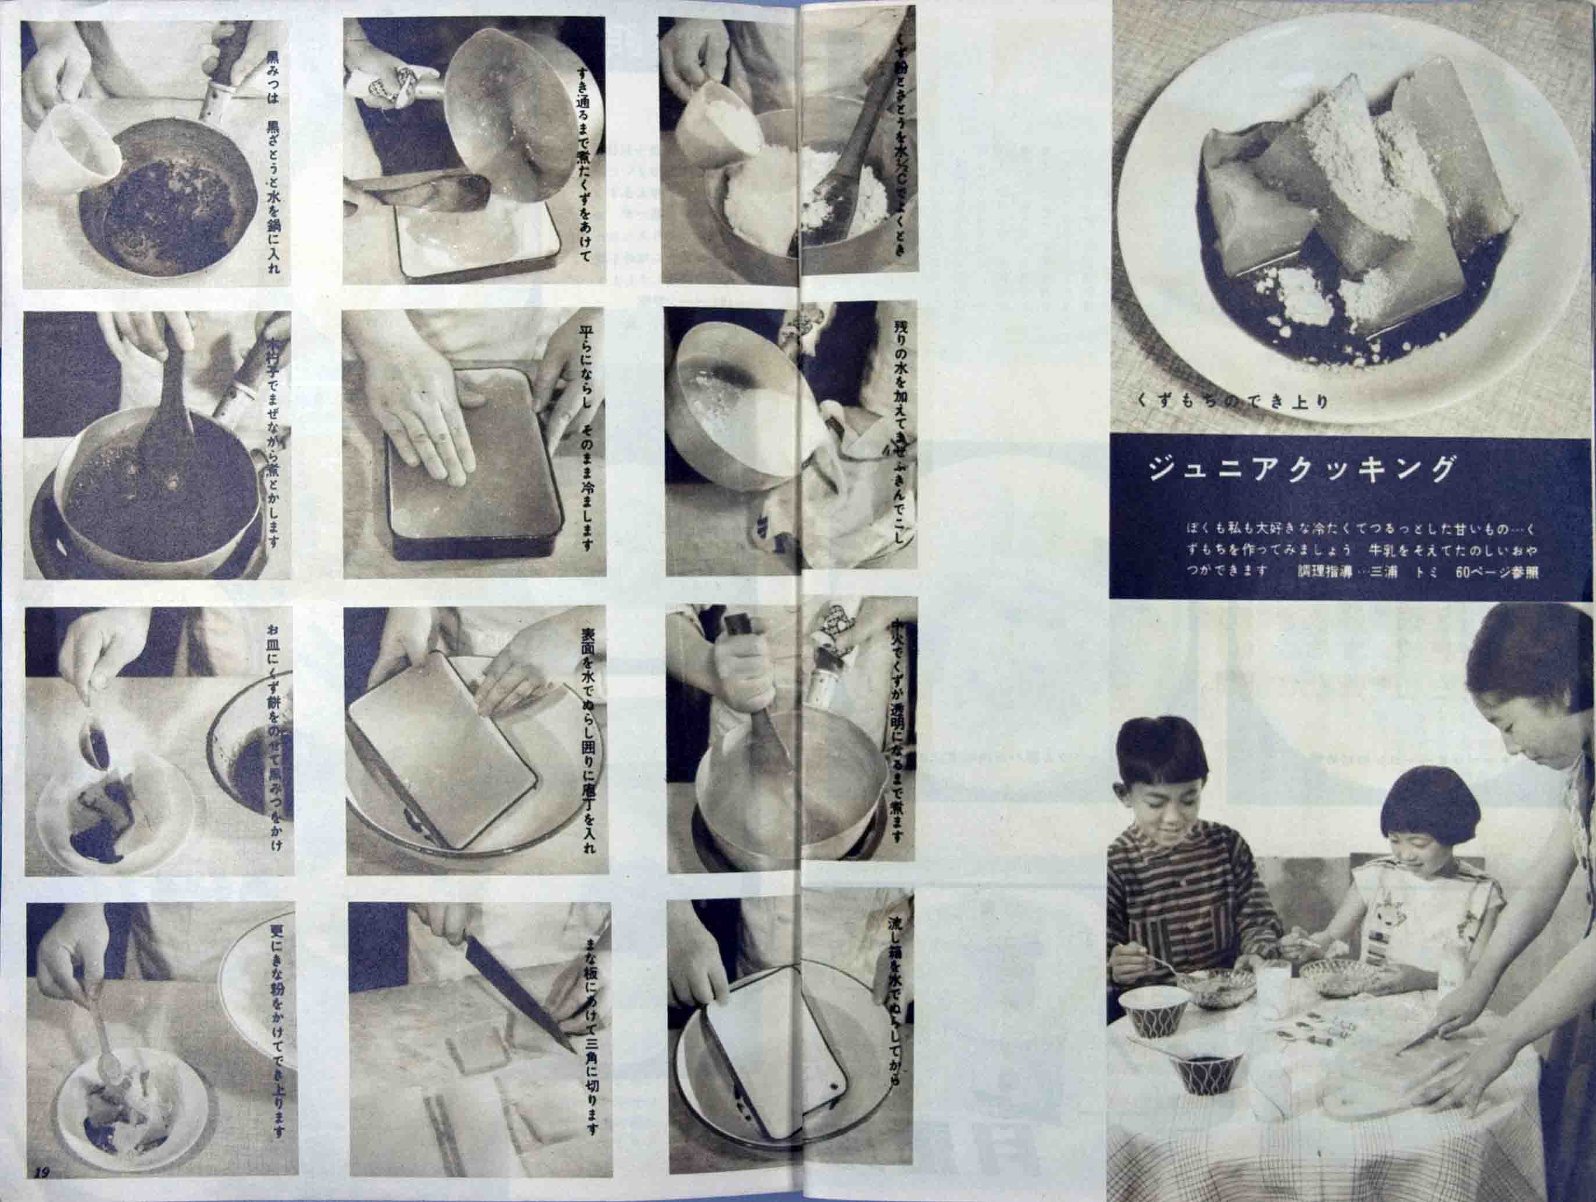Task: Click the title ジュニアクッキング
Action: click(x=1300, y=470)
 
